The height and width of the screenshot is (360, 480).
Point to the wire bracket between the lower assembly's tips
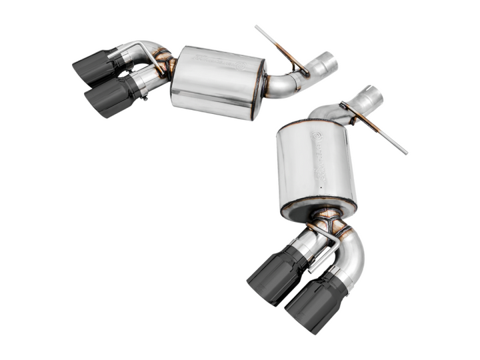coord(327,250)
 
